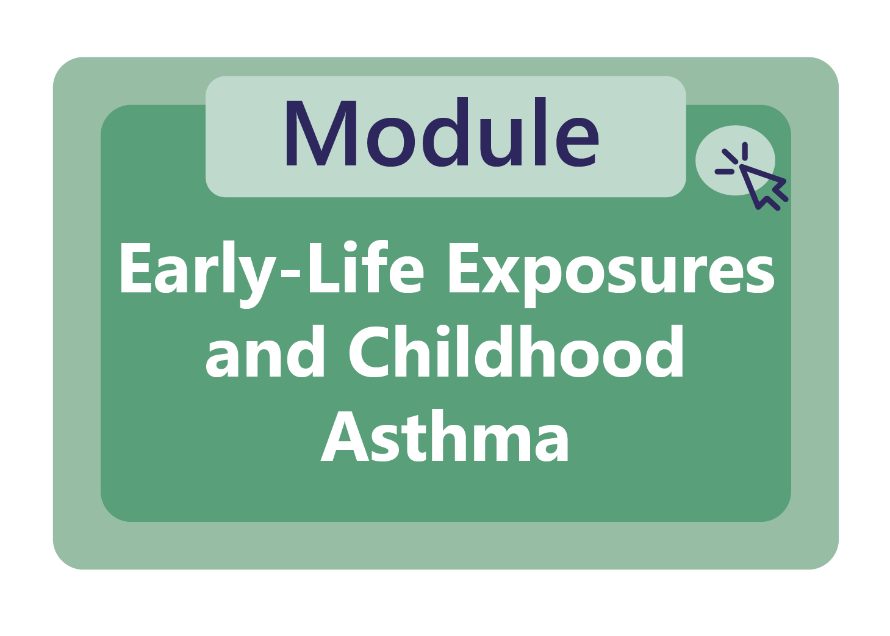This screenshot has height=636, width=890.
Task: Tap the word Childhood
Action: pos(516,353)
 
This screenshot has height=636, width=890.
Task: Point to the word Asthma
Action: pos(445,436)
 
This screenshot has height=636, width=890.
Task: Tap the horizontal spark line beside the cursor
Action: pos(725,172)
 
